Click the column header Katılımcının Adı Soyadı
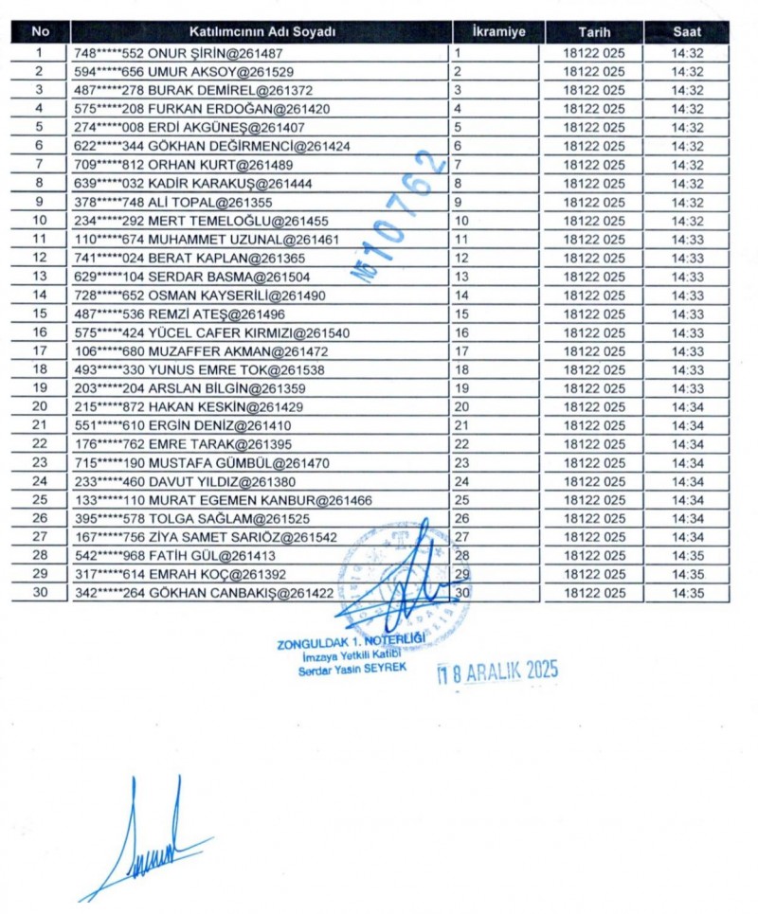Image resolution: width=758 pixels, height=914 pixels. click(260, 31)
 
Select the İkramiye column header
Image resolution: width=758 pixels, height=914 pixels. click(497, 31)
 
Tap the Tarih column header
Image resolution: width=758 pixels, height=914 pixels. click(593, 31)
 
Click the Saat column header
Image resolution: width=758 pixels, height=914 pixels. click(687, 31)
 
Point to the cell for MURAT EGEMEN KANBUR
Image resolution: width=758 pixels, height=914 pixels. click(223, 500)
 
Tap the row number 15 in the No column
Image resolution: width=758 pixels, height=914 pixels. click(40, 314)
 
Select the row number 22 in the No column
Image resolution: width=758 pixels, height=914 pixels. click(40, 444)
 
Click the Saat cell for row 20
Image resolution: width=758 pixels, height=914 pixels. click(687, 406)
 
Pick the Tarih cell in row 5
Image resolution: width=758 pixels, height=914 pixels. click(593, 128)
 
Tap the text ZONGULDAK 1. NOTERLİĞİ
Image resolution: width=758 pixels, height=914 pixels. click(351, 642)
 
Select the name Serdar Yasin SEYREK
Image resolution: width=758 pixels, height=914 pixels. click(351, 669)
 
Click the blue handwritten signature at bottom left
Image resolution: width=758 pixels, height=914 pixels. click(152, 843)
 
